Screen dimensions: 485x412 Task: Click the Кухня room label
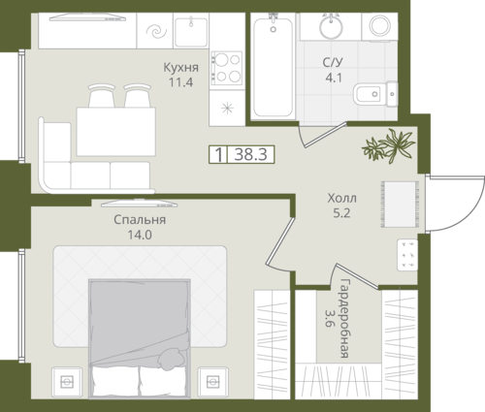(x=180, y=68)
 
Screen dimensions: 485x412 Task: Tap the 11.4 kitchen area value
(x=180, y=82)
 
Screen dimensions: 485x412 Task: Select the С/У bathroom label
(x=333, y=62)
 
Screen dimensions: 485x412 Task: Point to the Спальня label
(x=140, y=220)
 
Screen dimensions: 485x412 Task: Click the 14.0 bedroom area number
(x=140, y=235)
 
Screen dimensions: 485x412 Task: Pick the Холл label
(x=341, y=198)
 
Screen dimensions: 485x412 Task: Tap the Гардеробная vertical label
(x=345, y=318)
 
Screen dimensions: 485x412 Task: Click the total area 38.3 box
(x=242, y=154)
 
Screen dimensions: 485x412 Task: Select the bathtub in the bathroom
(x=274, y=67)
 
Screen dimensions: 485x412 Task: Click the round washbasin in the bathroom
(x=331, y=26)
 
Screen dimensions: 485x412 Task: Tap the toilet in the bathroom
(x=375, y=94)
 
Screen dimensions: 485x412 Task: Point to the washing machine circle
(x=380, y=25)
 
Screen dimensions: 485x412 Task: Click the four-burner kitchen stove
(x=226, y=68)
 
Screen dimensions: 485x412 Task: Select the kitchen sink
(x=191, y=31)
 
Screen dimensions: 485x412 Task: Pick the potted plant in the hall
(x=389, y=145)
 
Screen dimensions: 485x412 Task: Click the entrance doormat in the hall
(x=400, y=205)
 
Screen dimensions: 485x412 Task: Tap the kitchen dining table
(x=115, y=132)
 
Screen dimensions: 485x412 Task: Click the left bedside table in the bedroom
(x=67, y=382)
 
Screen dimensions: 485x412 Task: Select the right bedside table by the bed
(x=213, y=382)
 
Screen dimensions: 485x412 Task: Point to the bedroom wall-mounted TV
(x=139, y=204)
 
